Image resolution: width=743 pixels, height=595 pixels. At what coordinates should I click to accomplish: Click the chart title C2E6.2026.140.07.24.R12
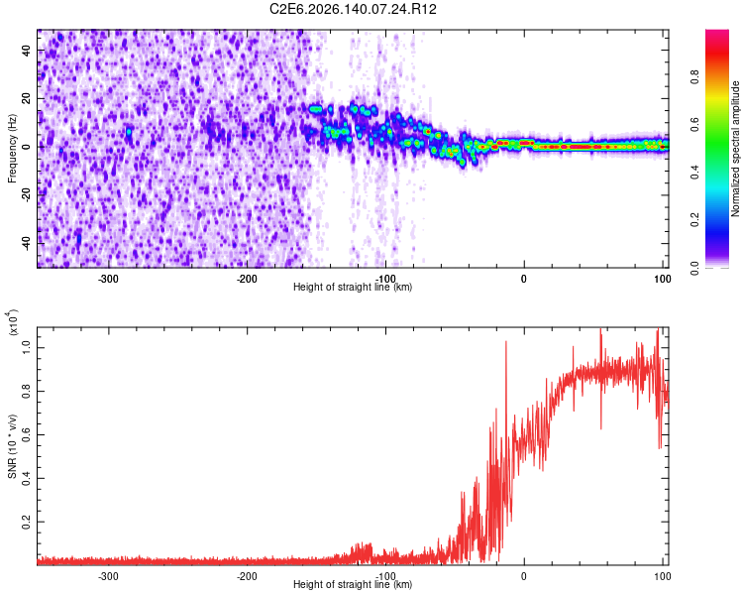(x=353, y=9)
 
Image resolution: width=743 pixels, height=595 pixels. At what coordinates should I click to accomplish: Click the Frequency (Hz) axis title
(x=12, y=149)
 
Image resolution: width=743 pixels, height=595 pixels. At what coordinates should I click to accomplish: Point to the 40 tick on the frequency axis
(x=26, y=50)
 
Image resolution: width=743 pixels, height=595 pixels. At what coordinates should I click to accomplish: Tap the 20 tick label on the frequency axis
(x=26, y=98)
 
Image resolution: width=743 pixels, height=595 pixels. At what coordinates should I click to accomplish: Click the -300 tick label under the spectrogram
(x=108, y=279)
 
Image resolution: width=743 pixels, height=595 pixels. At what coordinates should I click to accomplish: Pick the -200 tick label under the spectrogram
(x=247, y=279)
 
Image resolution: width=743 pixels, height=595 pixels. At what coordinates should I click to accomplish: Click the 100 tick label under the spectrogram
(x=663, y=279)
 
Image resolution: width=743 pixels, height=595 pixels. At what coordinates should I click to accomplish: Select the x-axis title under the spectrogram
(x=353, y=287)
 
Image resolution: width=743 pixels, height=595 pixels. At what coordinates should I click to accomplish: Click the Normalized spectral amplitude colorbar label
(x=735, y=149)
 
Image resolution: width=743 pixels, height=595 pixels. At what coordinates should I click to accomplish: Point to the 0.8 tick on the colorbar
(x=694, y=76)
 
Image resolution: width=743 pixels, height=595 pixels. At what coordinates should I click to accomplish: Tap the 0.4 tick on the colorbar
(x=694, y=173)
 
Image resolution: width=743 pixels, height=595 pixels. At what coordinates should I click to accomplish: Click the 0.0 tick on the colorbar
(x=694, y=268)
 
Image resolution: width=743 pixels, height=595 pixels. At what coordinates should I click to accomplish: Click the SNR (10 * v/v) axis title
(x=12, y=446)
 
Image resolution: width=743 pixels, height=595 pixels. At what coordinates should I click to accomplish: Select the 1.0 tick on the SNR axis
(x=26, y=347)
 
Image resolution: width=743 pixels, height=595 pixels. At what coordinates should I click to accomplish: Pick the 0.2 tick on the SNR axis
(x=26, y=522)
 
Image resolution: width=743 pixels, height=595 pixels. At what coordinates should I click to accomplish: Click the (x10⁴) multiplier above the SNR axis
(x=13, y=322)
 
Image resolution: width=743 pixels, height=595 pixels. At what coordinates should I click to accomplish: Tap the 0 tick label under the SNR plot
(x=524, y=576)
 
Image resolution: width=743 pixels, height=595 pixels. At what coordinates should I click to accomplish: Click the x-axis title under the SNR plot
(x=353, y=584)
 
